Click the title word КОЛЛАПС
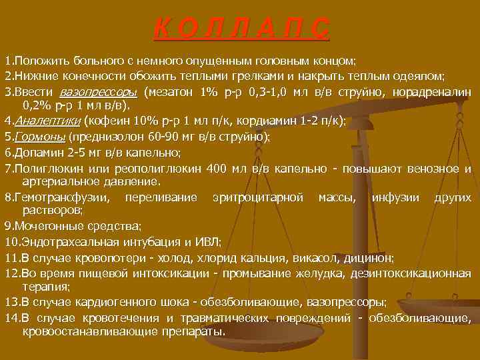click(241, 28)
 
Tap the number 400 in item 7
click(216, 168)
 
